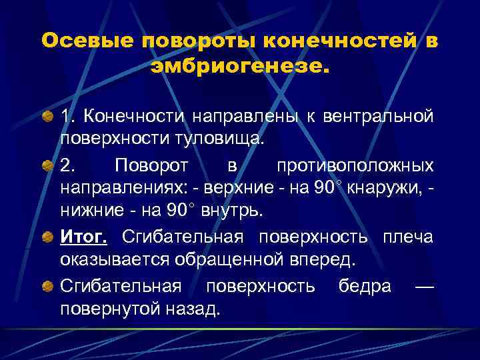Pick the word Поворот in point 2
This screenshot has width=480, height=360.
(152, 164)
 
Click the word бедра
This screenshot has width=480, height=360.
(365, 286)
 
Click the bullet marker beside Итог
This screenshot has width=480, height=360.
(47, 237)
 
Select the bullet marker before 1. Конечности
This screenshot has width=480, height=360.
(47, 118)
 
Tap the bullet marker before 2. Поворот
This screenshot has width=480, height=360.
(47, 165)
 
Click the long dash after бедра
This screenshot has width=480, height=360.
(424, 286)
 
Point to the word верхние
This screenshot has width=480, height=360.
(249, 187)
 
